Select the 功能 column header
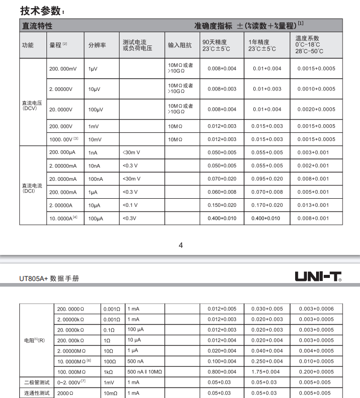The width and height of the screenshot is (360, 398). click(28, 45)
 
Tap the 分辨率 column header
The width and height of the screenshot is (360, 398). click(97, 45)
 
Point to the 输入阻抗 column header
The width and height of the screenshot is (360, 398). click(180, 45)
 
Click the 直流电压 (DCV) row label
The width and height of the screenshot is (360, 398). click(30, 105)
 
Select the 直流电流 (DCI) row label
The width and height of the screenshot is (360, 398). click(30, 189)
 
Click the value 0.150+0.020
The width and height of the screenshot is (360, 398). click(222, 205)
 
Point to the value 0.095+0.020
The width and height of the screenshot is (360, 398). click(268, 179)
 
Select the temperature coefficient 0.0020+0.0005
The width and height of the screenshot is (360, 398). click(316, 109)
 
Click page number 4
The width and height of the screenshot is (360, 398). click(180, 245)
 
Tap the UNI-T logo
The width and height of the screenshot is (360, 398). click(318, 276)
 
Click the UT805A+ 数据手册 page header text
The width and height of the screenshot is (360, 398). click(50, 279)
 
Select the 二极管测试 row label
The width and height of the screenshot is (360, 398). click(36, 382)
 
